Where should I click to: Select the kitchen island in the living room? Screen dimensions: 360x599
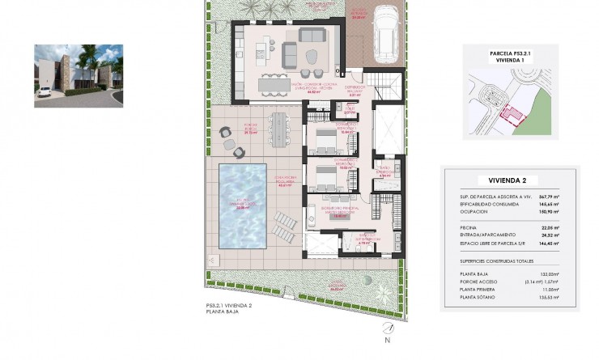(274, 83)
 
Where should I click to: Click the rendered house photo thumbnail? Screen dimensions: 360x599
(79, 76)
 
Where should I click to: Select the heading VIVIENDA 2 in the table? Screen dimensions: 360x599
(511, 180)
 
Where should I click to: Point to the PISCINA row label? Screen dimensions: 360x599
(465, 227)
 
